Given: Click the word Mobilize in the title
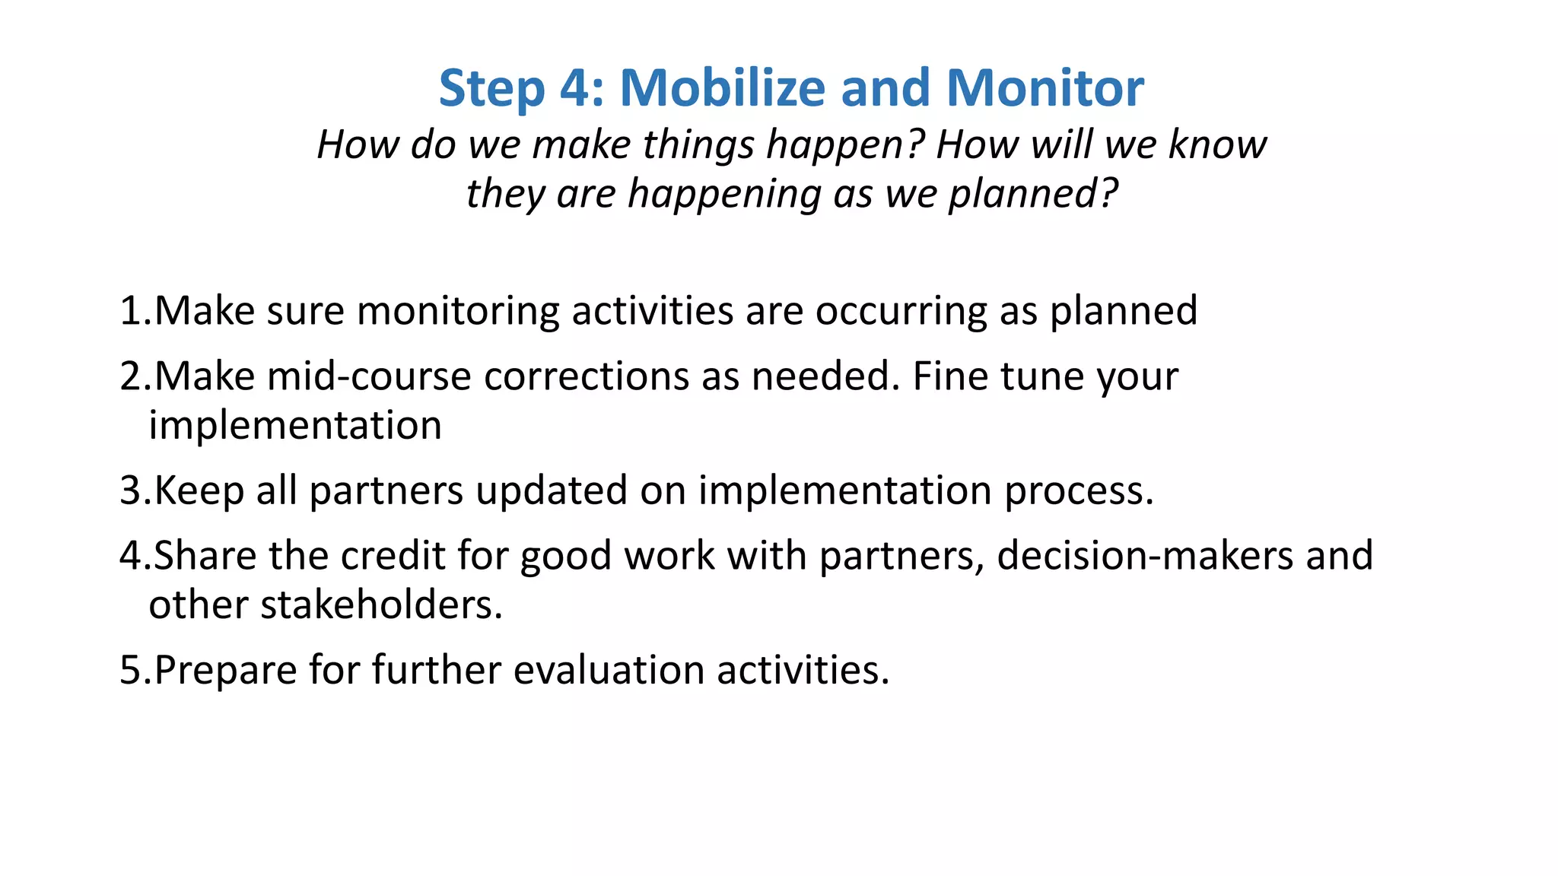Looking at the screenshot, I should (722, 88).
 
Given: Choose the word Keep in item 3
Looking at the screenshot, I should (199, 490).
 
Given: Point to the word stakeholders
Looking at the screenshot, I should (381, 605).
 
